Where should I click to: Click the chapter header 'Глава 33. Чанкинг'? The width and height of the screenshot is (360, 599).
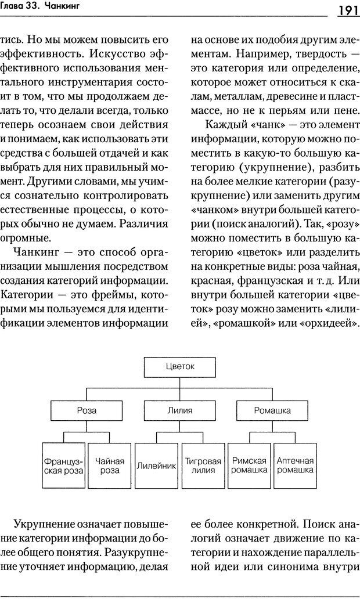tap(41, 7)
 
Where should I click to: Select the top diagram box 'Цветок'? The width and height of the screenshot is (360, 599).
tap(180, 366)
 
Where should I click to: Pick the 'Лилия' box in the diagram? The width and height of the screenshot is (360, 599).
tap(180, 410)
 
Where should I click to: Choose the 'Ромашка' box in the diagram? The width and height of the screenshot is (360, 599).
tap(272, 410)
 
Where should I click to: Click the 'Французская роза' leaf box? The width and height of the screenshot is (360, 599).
tap(64, 466)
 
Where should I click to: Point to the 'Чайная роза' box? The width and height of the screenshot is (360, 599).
tap(110, 466)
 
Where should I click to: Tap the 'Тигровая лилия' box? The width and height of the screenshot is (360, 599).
tap(203, 466)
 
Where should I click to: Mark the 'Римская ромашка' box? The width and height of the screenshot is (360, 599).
tap(249, 466)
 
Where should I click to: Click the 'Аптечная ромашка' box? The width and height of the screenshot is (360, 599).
tap(295, 466)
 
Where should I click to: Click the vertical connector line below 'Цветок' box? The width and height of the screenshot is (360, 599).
tap(180, 387)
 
